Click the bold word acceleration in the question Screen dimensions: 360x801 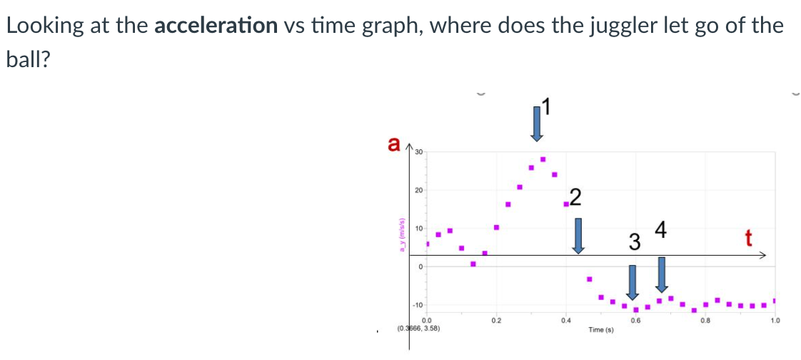point(216,26)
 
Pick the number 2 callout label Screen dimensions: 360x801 point(575,197)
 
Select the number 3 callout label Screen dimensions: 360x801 point(633,242)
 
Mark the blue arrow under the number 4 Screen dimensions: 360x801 point(662,274)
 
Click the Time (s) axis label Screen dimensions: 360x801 point(600,330)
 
